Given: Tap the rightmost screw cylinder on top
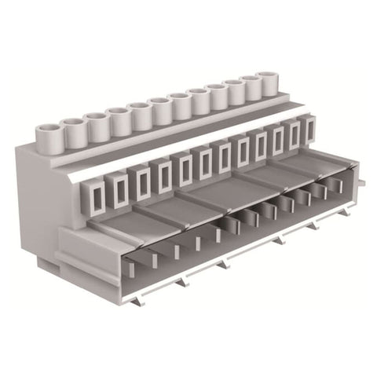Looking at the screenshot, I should click(269, 82).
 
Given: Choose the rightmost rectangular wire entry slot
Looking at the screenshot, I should click(310, 128).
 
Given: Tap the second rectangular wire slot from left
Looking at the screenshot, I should click(120, 190).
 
